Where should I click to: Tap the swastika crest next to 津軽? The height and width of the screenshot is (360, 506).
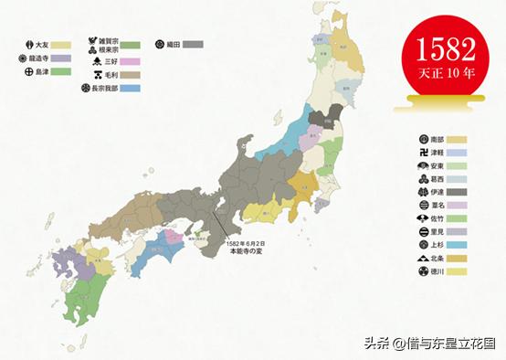click(x=418, y=153)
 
